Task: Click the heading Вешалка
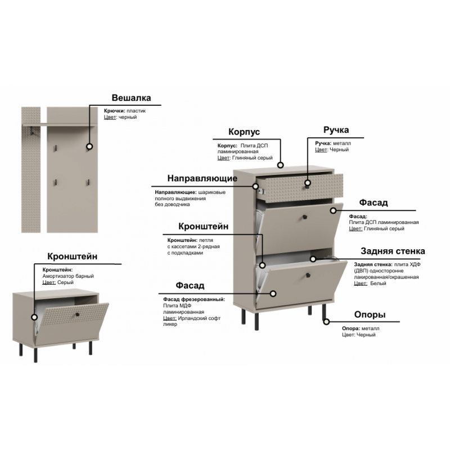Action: point(131,98)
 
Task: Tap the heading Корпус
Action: point(244,132)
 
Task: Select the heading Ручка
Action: point(336,130)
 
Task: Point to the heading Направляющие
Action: point(202,178)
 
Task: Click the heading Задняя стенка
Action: point(393,251)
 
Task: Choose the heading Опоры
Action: point(370,314)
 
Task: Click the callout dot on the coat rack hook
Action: point(89,147)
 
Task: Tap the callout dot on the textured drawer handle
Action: point(308,183)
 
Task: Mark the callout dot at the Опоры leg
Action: point(326,322)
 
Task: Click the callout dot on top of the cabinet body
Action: point(280,165)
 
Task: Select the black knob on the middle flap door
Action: point(304,218)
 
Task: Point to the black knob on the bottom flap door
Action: point(308,275)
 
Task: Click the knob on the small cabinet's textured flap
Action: point(77,314)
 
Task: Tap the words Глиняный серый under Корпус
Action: point(252,158)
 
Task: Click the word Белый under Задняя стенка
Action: point(378,283)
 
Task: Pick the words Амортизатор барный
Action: point(68,276)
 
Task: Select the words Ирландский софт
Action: point(199,318)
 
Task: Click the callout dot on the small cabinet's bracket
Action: point(34,317)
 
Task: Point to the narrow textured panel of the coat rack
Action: point(31,170)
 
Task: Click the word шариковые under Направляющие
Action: point(212,192)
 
